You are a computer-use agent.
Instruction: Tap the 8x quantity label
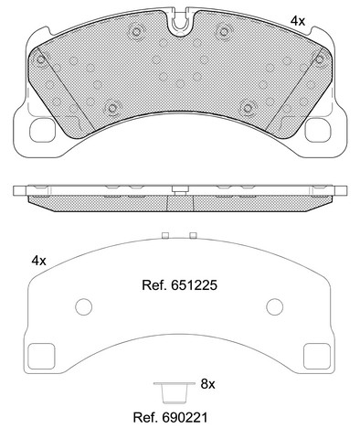click(207, 384)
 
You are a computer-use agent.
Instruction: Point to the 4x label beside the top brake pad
click(298, 21)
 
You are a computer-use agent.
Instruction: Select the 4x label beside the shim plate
click(38, 261)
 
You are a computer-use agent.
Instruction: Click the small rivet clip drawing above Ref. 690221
click(175, 391)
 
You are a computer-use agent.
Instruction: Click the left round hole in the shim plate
click(84, 306)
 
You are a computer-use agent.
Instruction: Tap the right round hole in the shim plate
click(275, 306)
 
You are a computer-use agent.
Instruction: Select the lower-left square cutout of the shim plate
click(41, 356)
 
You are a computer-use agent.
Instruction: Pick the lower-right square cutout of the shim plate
click(317, 356)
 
